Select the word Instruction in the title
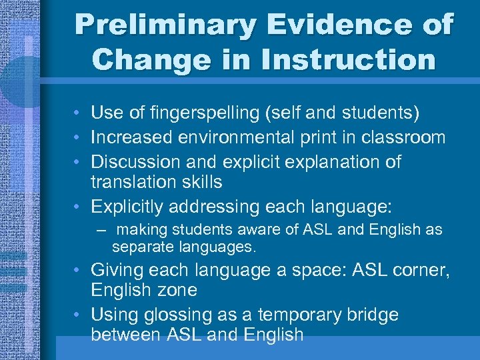coord(349,59)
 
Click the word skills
coord(203,181)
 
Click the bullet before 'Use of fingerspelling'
coord(78,114)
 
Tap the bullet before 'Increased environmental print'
coord(78,138)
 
